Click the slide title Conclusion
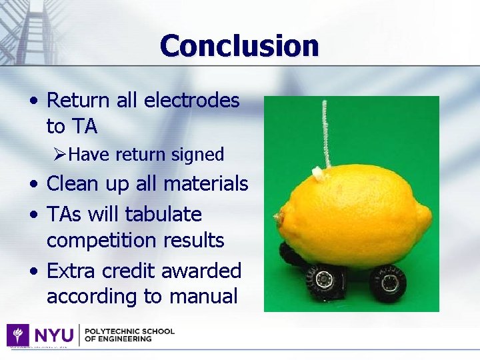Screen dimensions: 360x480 coord(239,46)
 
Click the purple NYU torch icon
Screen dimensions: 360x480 coord(17,335)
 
